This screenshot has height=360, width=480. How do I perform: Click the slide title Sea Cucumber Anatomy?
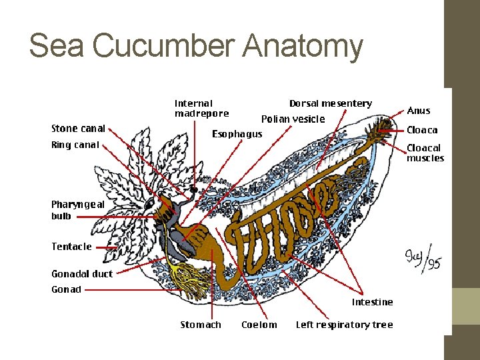pos(196,47)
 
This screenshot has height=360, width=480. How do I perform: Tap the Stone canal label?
pos(78,129)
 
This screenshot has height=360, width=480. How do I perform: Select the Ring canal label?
pos(75,145)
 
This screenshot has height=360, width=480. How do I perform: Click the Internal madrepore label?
pos(201,108)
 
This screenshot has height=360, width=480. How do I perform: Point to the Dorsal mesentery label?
pos(331,103)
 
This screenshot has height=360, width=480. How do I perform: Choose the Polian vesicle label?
pos(293,119)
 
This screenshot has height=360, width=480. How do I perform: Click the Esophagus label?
pos(237,134)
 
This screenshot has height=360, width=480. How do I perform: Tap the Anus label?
pos(419,111)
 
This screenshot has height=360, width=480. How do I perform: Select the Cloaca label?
pos(422,130)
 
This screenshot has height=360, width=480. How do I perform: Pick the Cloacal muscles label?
pos(425,153)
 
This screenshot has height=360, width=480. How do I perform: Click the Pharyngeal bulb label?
pos(78,210)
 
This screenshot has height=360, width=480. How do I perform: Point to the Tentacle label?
pos(71,247)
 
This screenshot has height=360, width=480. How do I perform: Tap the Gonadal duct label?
pos(82,274)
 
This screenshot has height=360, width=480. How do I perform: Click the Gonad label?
pos(66,289)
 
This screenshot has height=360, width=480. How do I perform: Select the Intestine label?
pos(372,302)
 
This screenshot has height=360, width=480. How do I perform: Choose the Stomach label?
pos(201,325)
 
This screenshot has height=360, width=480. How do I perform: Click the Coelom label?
pos(259,325)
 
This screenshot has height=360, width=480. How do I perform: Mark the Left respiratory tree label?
pos(344,325)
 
